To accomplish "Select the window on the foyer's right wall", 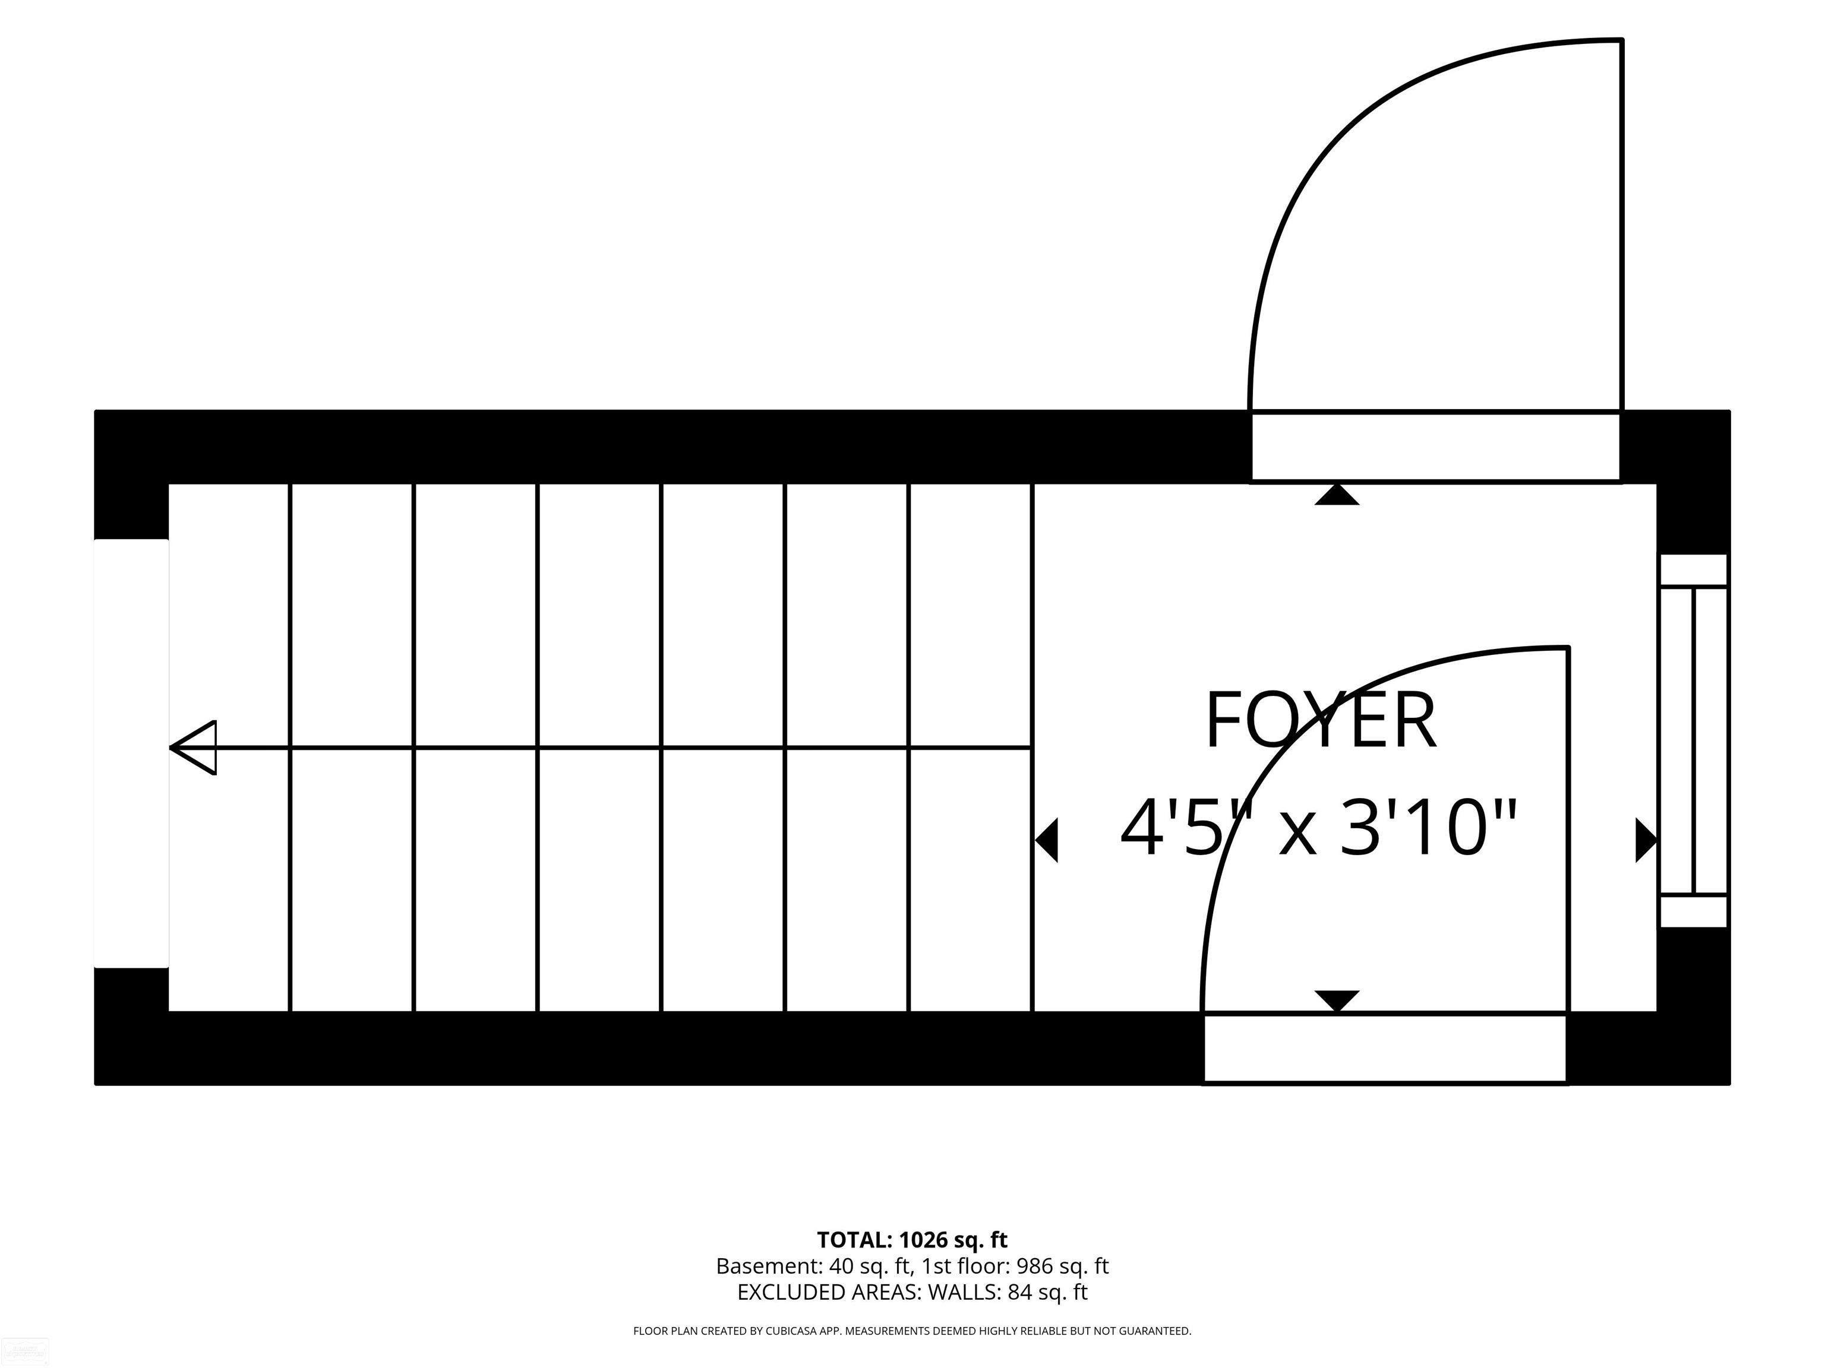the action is click(x=1694, y=740).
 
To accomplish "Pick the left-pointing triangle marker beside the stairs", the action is click(x=1046, y=841).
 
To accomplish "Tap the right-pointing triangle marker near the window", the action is click(x=1647, y=841).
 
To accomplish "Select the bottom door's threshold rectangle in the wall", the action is click(x=1385, y=1048).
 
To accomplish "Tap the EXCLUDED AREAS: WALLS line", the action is click(x=912, y=1292).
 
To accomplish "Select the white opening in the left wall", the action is click(x=131, y=753).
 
